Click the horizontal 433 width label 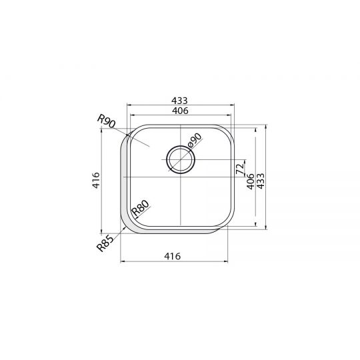pyautogui.click(x=179, y=101)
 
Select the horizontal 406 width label pyautogui.click(x=180, y=111)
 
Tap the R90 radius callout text pyautogui.click(x=106, y=121)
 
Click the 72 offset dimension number pyautogui.click(x=240, y=169)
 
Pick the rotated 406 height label pyautogui.click(x=251, y=181)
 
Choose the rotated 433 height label pyautogui.click(x=261, y=181)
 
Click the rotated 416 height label pyautogui.click(x=96, y=180)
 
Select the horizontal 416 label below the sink pyautogui.click(x=173, y=256)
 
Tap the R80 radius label pyautogui.click(x=140, y=208)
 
